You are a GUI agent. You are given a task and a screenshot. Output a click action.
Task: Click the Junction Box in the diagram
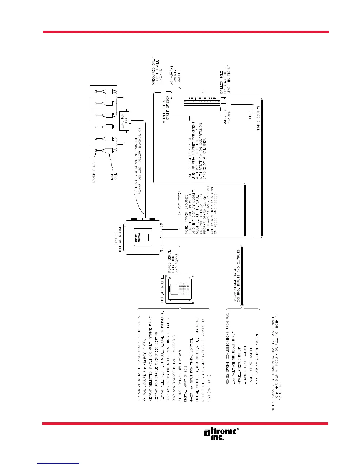(125, 121)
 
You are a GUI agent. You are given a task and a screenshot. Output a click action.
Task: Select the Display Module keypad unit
(180, 289)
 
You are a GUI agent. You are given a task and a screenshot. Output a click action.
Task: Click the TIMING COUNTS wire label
(259, 118)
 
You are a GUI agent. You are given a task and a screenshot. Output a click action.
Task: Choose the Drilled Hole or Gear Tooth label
(225, 79)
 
